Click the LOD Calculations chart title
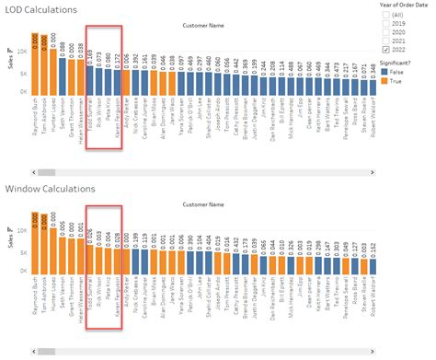42,10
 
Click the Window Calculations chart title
52,190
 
